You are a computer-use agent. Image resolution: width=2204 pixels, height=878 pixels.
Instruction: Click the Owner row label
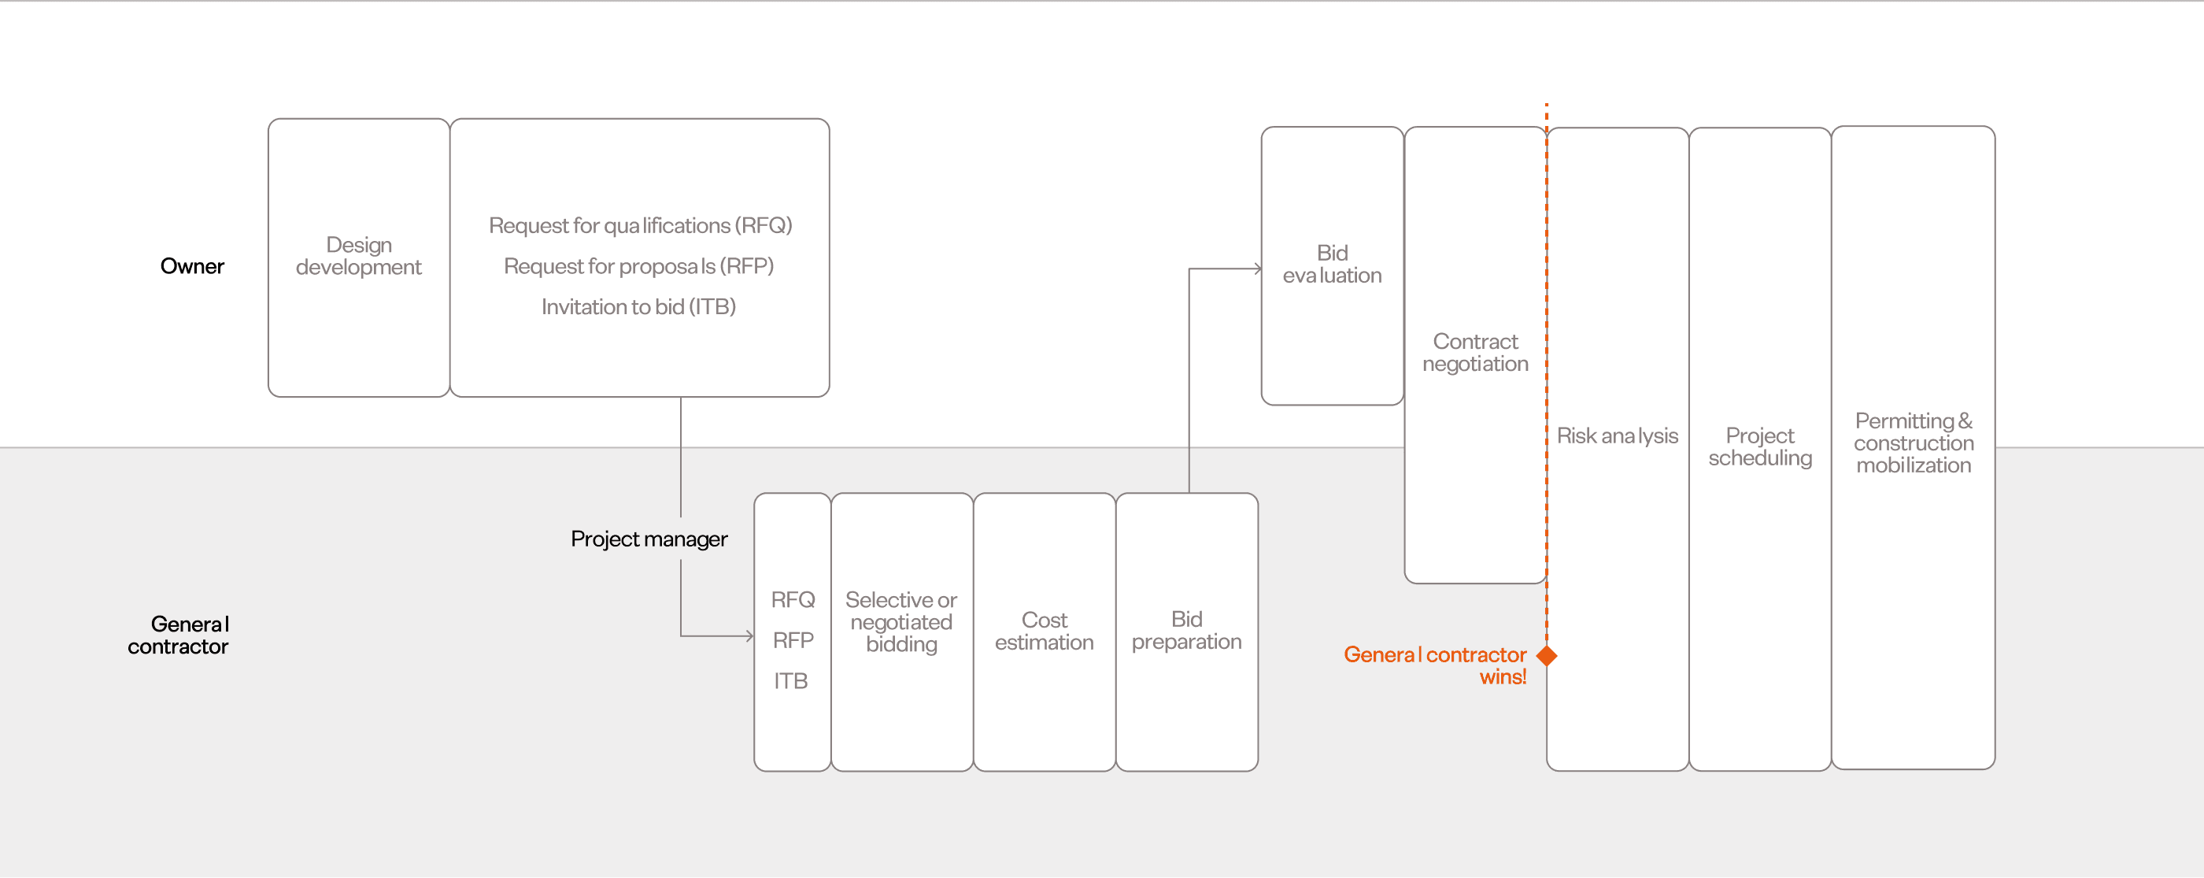(x=191, y=266)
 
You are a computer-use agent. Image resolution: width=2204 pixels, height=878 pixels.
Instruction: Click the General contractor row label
(x=179, y=635)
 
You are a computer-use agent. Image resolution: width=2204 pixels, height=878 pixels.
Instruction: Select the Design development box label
(x=358, y=256)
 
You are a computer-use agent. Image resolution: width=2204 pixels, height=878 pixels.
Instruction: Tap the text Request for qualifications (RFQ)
(x=640, y=225)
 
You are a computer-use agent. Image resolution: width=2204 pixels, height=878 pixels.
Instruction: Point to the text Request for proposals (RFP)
(x=638, y=266)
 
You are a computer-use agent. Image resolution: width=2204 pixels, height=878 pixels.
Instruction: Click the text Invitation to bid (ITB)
(x=638, y=306)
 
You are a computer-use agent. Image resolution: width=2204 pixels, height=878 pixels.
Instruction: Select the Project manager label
(x=649, y=539)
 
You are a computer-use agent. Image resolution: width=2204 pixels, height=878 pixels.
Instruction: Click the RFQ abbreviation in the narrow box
(x=793, y=599)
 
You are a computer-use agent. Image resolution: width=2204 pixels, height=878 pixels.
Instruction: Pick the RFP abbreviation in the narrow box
(x=793, y=640)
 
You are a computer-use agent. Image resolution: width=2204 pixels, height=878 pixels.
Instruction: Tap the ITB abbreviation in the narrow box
(x=790, y=680)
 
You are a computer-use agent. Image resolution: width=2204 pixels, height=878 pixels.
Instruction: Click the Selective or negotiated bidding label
(x=901, y=622)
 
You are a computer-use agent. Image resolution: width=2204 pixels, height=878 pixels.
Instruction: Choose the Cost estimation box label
(x=1044, y=631)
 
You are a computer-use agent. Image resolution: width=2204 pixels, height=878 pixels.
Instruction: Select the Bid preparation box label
(x=1186, y=630)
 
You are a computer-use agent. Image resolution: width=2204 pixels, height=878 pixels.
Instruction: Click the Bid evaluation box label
(x=1331, y=264)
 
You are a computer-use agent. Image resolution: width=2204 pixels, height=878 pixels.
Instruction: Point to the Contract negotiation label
(x=1475, y=353)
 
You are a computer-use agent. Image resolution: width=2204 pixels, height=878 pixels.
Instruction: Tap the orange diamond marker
(x=1546, y=655)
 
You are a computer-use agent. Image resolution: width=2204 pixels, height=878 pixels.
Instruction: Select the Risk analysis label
(x=1617, y=435)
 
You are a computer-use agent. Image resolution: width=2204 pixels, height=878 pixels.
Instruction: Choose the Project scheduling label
(x=1760, y=446)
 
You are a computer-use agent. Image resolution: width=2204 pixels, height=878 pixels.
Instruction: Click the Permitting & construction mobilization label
(x=1913, y=443)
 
